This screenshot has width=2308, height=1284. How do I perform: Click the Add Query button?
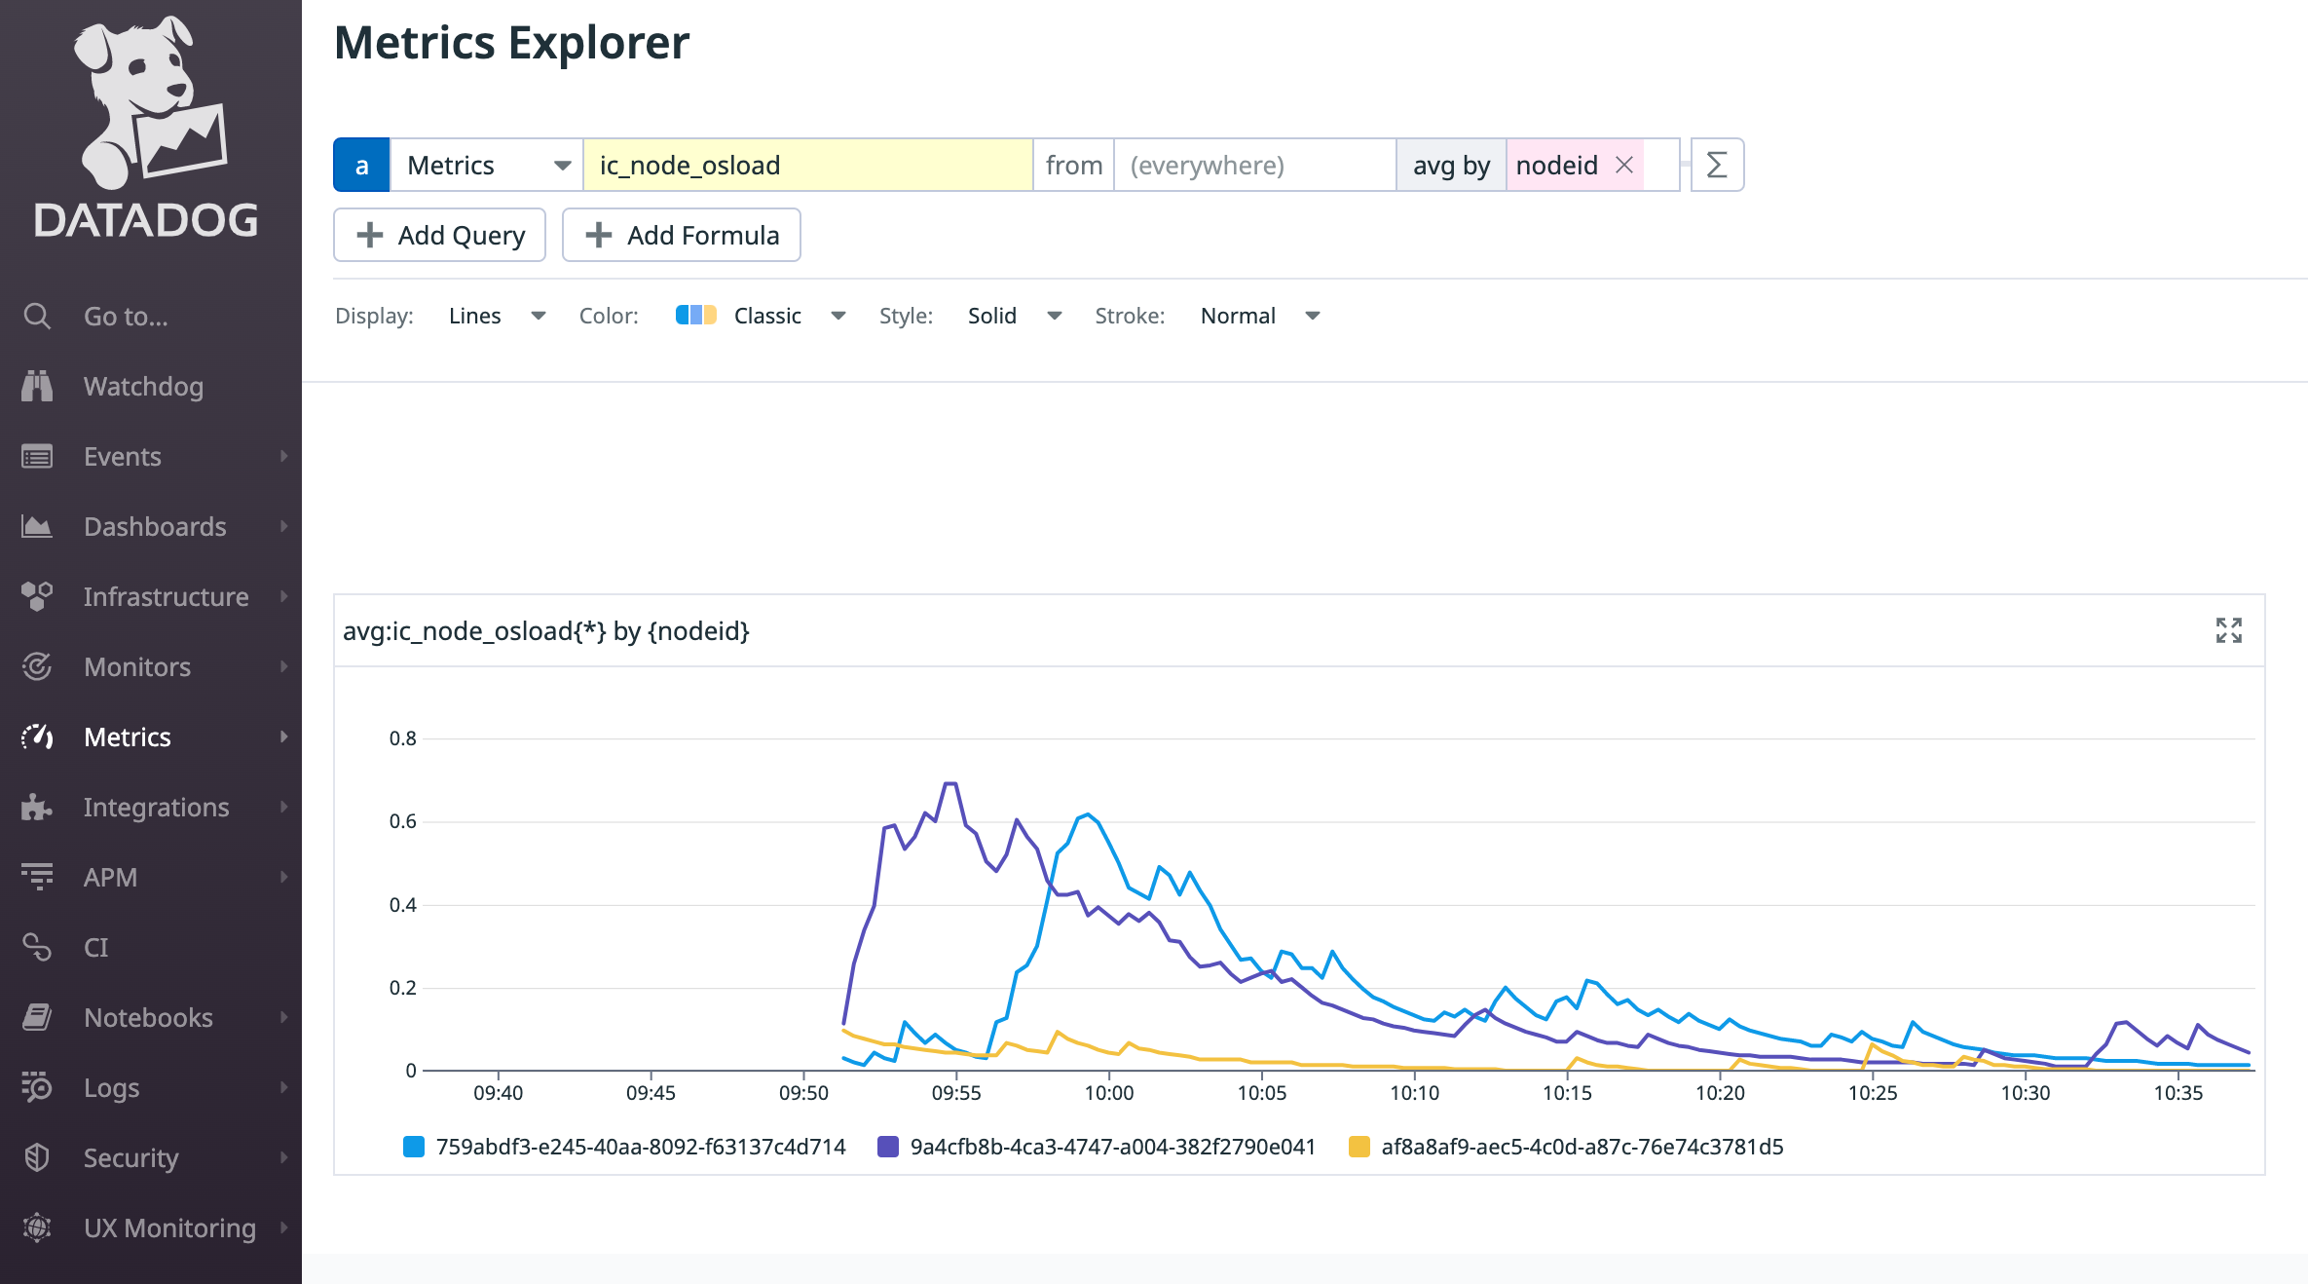pyautogui.click(x=440, y=235)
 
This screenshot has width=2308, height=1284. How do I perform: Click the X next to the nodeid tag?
pyautogui.click(x=1624, y=166)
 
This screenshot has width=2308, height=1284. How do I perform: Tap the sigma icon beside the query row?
pyautogui.click(x=1717, y=166)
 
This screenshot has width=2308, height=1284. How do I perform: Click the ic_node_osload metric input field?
pyautogui.click(x=807, y=166)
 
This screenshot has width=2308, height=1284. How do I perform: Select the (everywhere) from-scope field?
pyautogui.click(x=1253, y=166)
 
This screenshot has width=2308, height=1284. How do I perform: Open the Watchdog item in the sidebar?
pyautogui.click(x=143, y=387)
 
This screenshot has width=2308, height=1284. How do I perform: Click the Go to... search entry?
pyautogui.click(x=126, y=317)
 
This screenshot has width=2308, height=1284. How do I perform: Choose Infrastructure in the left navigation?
pyautogui.click(x=166, y=597)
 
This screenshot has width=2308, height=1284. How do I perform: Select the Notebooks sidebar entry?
pyautogui.click(x=148, y=1018)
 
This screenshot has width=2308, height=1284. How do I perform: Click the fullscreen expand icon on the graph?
pyautogui.click(x=2228, y=630)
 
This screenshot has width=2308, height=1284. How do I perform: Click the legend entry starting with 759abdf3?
pyautogui.click(x=640, y=1147)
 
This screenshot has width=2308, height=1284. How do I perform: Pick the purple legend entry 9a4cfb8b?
pyautogui.click(x=1112, y=1147)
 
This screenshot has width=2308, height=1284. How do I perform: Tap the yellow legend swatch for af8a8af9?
pyautogui.click(x=1359, y=1147)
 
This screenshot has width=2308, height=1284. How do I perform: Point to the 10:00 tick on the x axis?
pyautogui.click(x=1109, y=1092)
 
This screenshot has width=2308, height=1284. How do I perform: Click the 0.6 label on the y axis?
pyautogui.click(x=402, y=821)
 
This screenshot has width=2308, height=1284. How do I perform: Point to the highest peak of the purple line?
pyautogui.click(x=950, y=783)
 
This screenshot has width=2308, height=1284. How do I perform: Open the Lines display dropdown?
pyautogui.click(x=496, y=316)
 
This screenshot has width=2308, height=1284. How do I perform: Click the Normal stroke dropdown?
pyautogui.click(x=1259, y=316)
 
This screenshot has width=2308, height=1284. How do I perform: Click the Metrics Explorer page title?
pyautogui.click(x=511, y=43)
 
